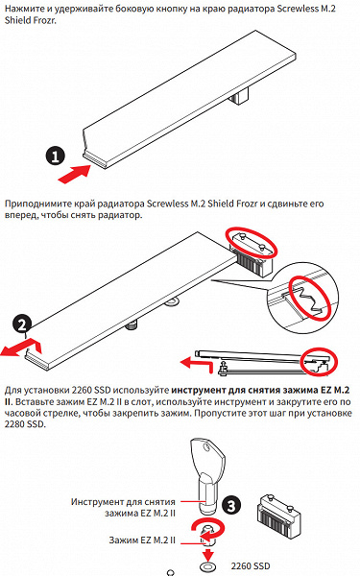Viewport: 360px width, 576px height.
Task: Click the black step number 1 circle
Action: [x=55, y=156]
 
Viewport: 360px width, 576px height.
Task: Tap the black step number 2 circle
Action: [x=22, y=324]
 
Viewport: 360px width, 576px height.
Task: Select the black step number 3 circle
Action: [x=231, y=506]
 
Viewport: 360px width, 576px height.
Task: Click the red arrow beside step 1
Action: [x=75, y=174]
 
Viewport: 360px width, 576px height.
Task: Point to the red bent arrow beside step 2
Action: [x=22, y=348]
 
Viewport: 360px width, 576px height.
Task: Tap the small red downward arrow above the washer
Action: [x=208, y=552]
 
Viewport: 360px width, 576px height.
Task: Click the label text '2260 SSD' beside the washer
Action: [x=251, y=566]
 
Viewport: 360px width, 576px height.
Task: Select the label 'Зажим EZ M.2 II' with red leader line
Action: [x=142, y=540]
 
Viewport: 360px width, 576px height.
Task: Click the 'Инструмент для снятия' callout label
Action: [x=123, y=502]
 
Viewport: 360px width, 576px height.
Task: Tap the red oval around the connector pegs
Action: [x=252, y=243]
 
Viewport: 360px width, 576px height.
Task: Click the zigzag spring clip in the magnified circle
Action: [x=308, y=299]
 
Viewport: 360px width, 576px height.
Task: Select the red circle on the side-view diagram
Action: [x=319, y=362]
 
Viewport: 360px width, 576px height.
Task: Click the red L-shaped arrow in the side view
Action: [x=197, y=365]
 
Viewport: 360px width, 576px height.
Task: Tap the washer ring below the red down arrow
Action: [x=208, y=565]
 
